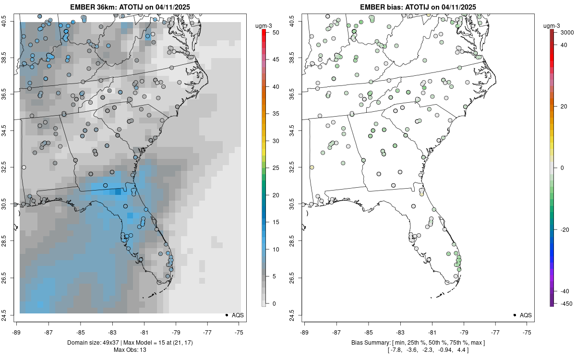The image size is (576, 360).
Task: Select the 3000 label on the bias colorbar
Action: point(566,32)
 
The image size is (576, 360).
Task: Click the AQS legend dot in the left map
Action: point(227,315)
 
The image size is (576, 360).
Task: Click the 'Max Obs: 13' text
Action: point(130,350)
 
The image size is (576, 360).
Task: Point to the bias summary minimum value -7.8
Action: point(395,350)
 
